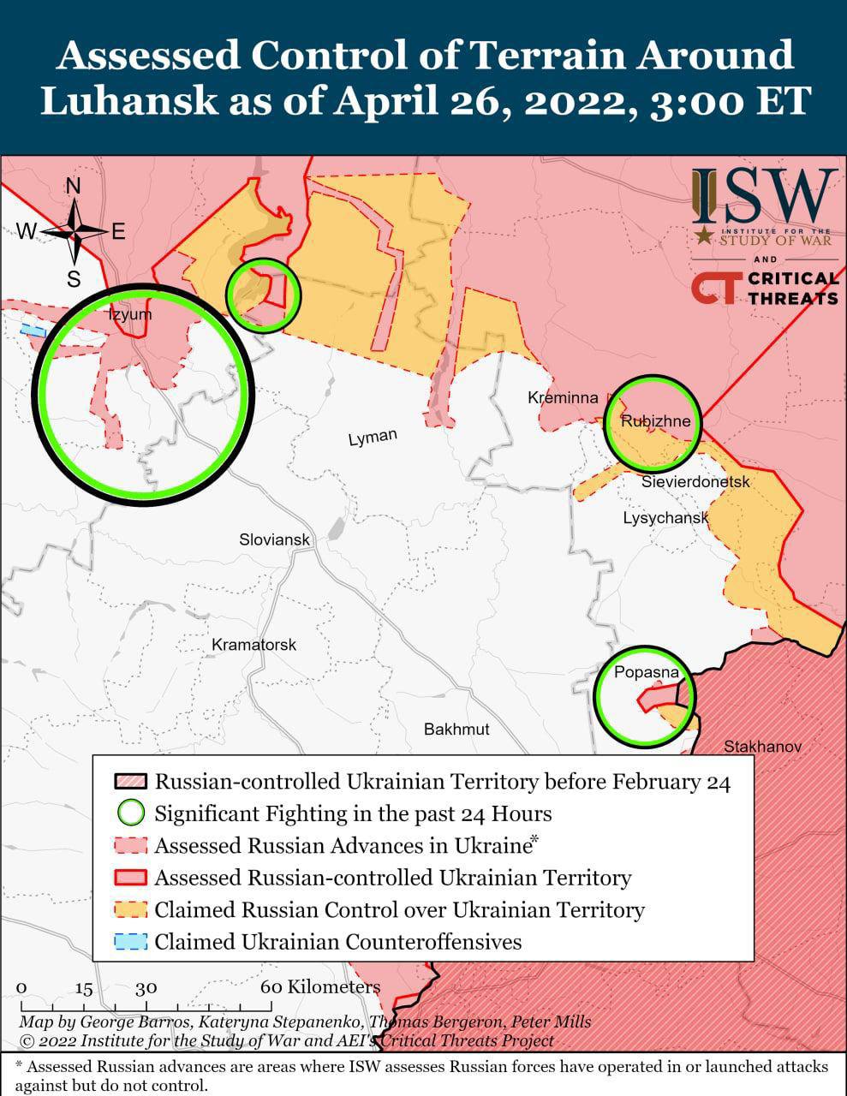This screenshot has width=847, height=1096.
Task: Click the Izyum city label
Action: click(x=129, y=314)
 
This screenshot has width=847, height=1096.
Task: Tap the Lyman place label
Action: click(x=373, y=437)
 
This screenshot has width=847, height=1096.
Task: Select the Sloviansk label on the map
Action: click(x=274, y=540)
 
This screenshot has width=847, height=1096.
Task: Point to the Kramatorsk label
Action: click(x=254, y=644)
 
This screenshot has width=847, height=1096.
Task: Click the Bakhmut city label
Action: click(x=456, y=729)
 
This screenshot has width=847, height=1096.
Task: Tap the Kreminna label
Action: click(x=563, y=398)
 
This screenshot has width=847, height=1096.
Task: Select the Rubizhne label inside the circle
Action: click(x=655, y=421)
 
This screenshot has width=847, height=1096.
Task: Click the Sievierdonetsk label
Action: click(x=695, y=482)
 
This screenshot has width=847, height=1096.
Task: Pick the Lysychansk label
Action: click(x=665, y=518)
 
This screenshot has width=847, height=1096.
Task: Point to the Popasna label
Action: click(x=646, y=672)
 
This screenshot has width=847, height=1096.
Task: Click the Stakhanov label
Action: click(x=762, y=747)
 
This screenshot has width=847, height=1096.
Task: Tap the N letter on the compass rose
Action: click(x=74, y=187)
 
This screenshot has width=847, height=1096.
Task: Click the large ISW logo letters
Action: click(x=764, y=196)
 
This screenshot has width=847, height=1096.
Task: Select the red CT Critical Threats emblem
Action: click(x=713, y=289)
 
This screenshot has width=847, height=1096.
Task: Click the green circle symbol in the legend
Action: click(x=131, y=813)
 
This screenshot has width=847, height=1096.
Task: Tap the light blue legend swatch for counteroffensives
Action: click(x=131, y=942)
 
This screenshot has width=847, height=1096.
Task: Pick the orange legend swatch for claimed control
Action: click(x=131, y=909)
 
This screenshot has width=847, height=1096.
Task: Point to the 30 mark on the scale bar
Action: click(x=145, y=986)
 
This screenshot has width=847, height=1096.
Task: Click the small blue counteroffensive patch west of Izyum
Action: click(x=34, y=330)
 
